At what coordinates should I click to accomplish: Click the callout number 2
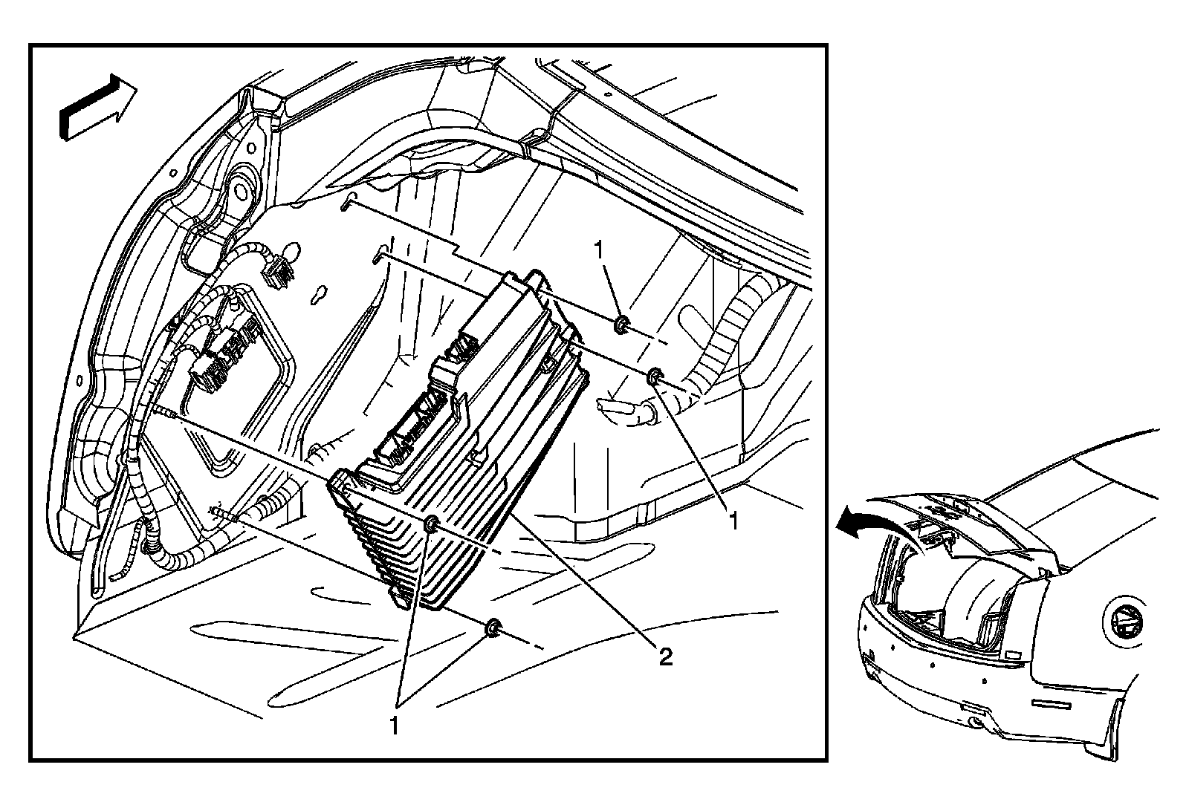click(x=665, y=656)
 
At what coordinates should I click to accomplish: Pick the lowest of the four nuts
click(x=491, y=630)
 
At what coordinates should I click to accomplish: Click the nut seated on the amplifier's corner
click(x=431, y=526)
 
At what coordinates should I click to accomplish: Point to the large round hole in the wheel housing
click(x=239, y=190)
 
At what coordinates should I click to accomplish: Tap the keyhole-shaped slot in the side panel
click(x=320, y=294)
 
